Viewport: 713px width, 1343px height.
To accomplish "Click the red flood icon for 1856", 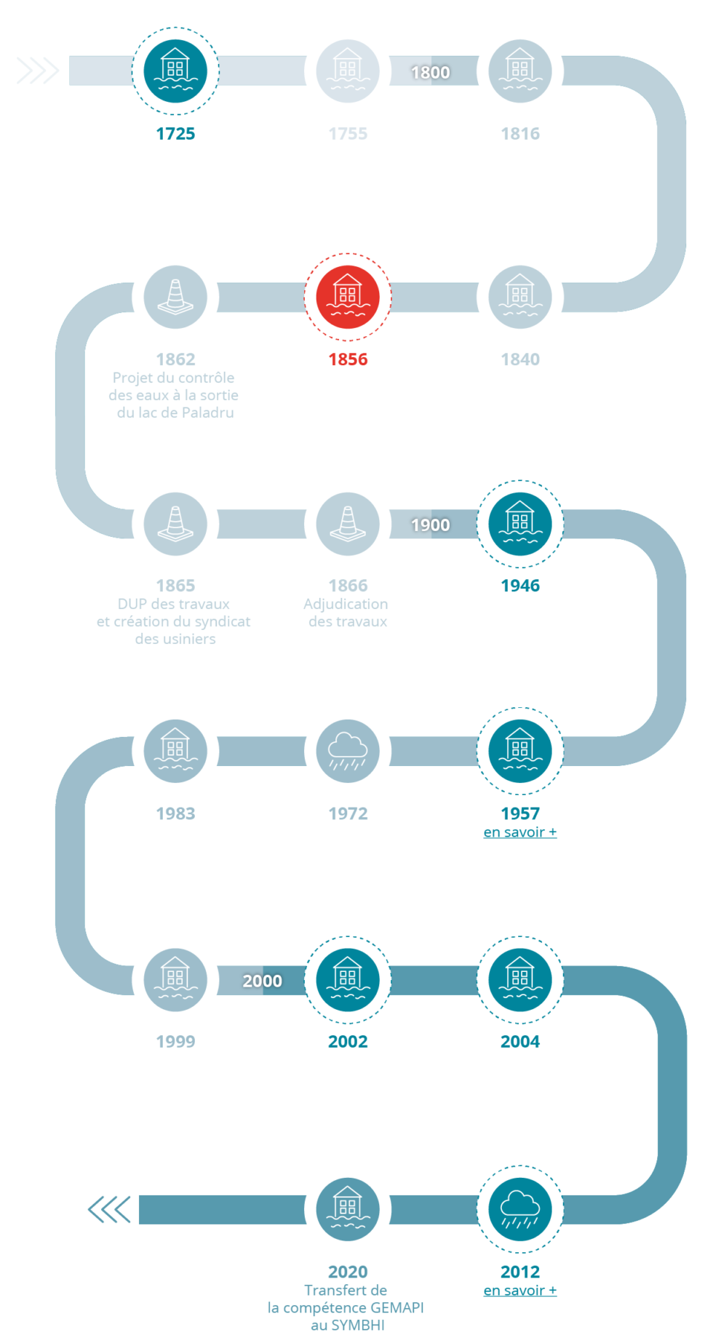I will [x=348, y=297].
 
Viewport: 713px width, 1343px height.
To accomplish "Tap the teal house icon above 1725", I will [x=175, y=71].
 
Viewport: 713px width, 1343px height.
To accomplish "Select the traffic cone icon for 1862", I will [x=175, y=297].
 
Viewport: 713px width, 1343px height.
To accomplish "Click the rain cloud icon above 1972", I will [x=348, y=751].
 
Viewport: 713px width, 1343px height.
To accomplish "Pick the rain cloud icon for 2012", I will [x=520, y=1209].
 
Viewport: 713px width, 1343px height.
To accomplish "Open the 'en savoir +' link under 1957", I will [x=520, y=832].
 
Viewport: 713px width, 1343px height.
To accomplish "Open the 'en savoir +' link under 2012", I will [x=520, y=1291].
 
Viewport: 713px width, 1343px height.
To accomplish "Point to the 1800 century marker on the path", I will [x=431, y=72].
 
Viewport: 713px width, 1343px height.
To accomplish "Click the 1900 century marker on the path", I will [x=431, y=525].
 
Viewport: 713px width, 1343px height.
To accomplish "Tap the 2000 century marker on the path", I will [x=263, y=981].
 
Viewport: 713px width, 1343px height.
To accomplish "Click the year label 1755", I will [x=348, y=133].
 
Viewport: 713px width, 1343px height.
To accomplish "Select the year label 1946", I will [x=520, y=586].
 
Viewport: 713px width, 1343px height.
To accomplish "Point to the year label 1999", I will [x=175, y=1041].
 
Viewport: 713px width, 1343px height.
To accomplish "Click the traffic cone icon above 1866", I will [x=348, y=524].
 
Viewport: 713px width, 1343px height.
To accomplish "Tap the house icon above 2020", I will [x=348, y=1209].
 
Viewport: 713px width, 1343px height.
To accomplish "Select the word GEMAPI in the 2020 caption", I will [x=397, y=1307].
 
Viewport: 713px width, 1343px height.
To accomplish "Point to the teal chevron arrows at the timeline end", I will [x=109, y=1209].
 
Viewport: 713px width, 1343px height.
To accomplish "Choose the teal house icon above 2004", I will [x=520, y=980].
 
